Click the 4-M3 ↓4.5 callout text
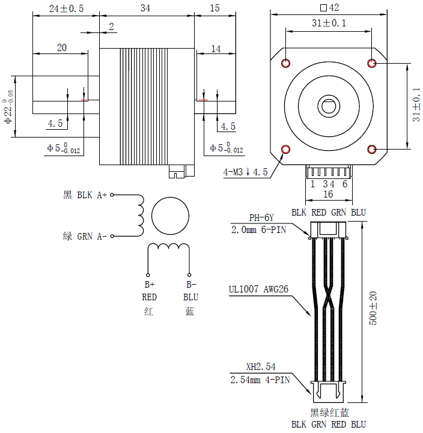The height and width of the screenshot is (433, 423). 245,172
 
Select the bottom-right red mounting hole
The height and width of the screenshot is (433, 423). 373,149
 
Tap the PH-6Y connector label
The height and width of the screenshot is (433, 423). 261,218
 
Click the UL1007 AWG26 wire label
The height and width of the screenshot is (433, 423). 258,289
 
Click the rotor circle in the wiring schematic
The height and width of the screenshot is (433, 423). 170,216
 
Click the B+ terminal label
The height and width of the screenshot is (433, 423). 149,285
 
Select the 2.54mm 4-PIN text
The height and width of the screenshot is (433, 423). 260,380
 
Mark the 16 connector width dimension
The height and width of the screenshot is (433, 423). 328,195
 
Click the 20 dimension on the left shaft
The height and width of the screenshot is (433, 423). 61,49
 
